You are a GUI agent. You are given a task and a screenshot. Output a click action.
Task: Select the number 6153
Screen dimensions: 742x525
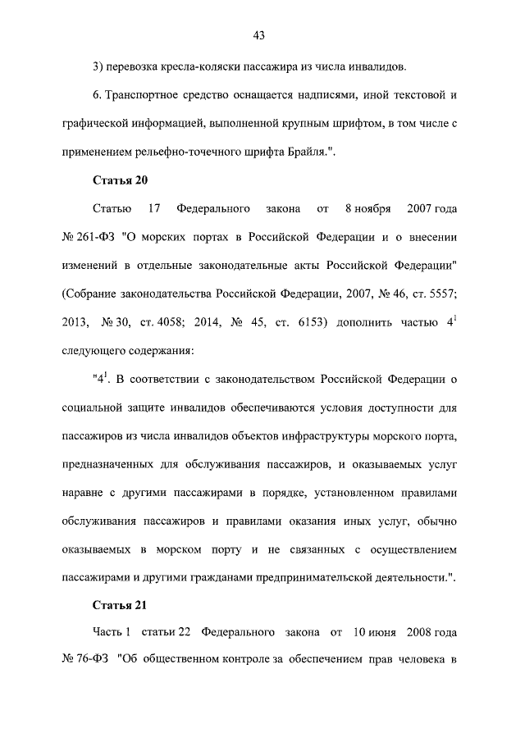[307, 322]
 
